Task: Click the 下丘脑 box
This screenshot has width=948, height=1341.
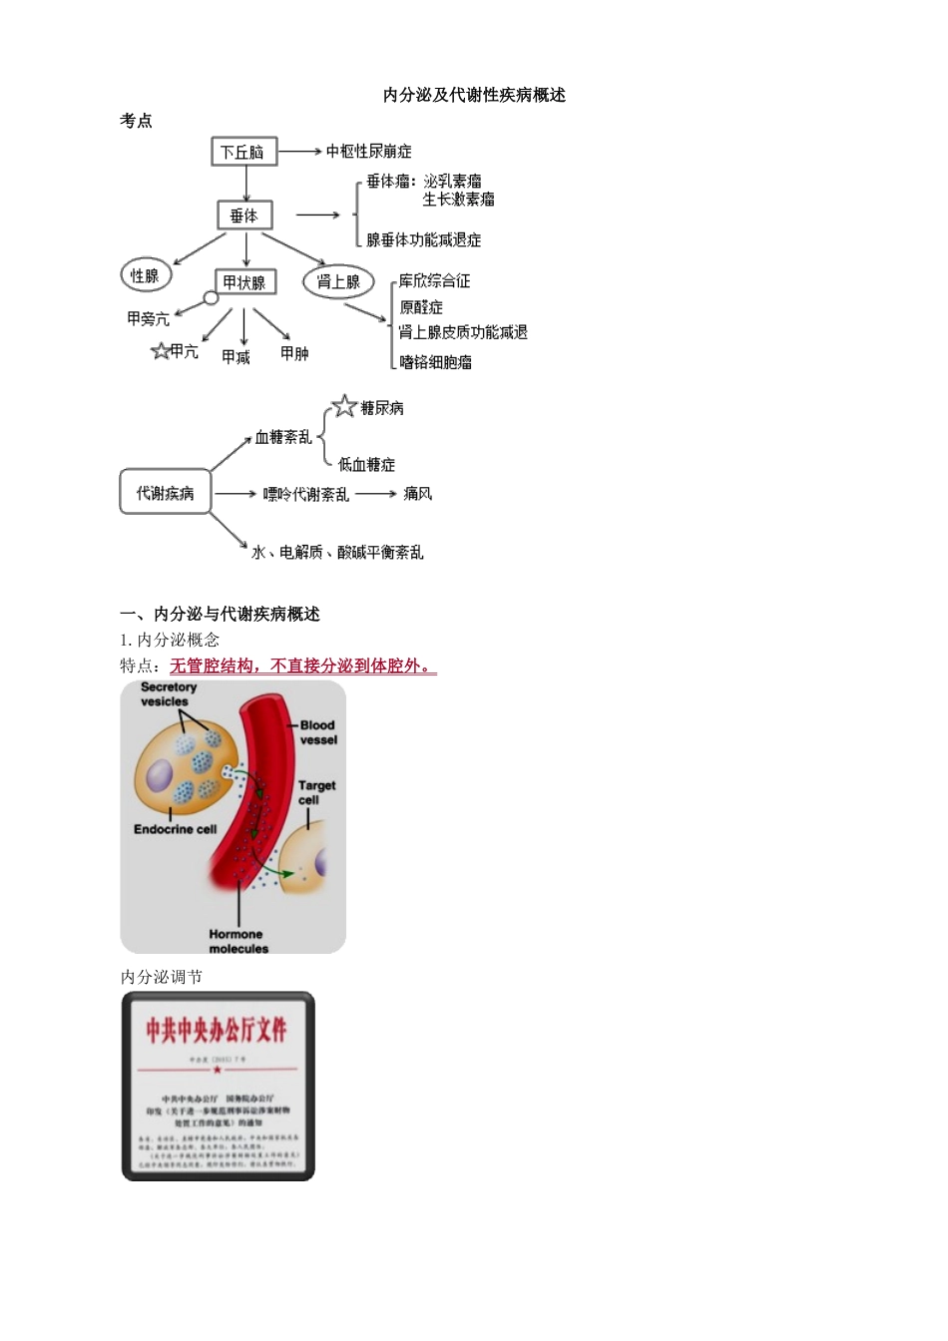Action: [243, 152]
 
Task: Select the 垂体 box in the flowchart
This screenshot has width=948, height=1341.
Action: [244, 216]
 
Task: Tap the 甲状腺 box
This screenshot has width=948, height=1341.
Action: [244, 282]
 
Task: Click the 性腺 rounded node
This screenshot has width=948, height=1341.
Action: [146, 275]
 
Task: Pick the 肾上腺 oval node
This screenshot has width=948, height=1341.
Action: [338, 282]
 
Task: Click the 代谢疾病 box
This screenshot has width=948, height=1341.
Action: [166, 493]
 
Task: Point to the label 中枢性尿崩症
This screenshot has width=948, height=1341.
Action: [369, 152]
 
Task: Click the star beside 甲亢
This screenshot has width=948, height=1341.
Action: [160, 351]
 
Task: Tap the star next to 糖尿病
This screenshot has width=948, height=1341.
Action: [344, 406]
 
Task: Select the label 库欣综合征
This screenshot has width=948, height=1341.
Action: [435, 281]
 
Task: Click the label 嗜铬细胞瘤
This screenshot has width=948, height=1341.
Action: [436, 362]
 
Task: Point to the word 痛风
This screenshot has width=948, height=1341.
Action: [418, 494]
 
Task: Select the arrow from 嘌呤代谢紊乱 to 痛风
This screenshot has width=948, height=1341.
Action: [376, 494]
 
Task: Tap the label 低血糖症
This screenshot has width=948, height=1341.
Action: [366, 465]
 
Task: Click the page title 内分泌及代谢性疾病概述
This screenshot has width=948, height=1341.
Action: [474, 95]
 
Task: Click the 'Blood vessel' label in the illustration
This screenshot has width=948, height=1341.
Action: [318, 732]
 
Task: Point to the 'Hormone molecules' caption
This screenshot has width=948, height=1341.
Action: [237, 941]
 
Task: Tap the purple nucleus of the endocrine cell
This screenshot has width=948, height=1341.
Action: [160, 775]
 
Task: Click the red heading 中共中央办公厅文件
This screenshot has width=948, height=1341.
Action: [217, 1030]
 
